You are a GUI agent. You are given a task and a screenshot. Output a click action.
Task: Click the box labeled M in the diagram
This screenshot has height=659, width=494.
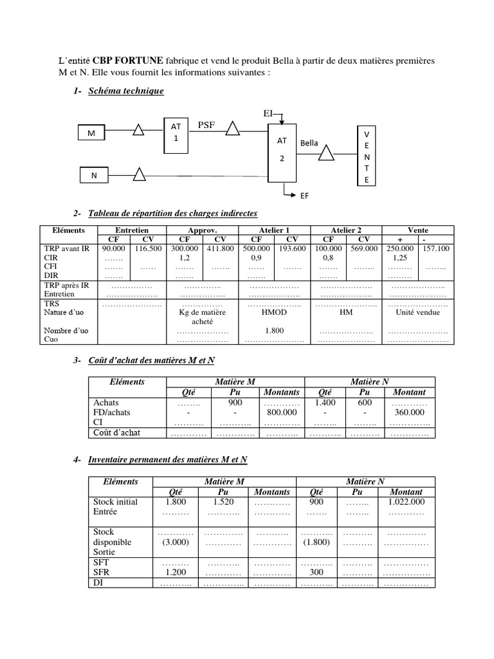click(x=93, y=133)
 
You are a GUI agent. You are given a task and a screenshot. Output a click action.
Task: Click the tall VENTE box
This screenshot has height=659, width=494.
click(x=367, y=157)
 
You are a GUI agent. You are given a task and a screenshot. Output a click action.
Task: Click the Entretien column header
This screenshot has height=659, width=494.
click(x=132, y=230)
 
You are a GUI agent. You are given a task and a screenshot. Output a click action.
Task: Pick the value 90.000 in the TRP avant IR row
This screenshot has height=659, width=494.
click(x=114, y=248)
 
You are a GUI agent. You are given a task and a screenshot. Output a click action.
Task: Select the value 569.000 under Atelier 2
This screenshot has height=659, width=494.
click(x=364, y=248)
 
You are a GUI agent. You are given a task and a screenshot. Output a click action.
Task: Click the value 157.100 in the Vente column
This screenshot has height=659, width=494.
click(x=436, y=248)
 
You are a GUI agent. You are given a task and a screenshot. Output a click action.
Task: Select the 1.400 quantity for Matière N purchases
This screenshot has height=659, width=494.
click(x=325, y=402)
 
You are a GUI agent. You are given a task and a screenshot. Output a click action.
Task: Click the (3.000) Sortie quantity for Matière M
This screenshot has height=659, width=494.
click(x=175, y=542)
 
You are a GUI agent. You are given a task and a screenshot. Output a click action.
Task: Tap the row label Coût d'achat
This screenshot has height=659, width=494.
click(x=117, y=432)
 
